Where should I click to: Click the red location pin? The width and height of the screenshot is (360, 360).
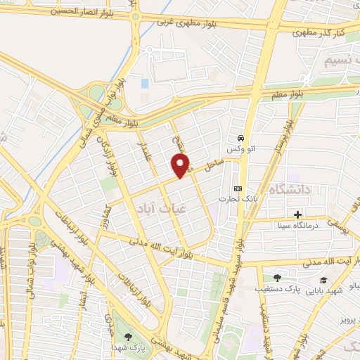pos(181,165)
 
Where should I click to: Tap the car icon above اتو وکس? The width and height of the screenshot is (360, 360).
pos(241,139)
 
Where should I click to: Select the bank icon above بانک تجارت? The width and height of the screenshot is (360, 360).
pos(237,188)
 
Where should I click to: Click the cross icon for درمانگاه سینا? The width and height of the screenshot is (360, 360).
pos(298,214)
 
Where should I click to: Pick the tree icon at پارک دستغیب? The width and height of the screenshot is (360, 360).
pos(277,278)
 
